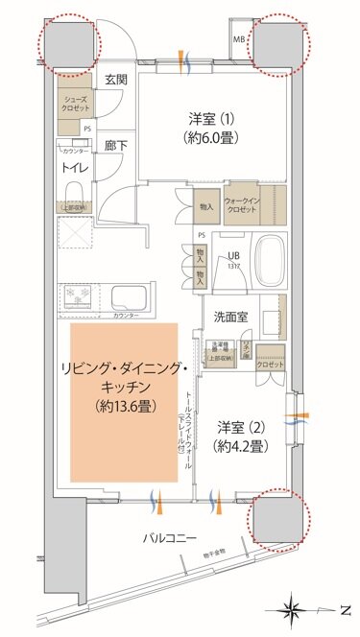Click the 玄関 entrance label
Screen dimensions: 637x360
(x=116, y=80)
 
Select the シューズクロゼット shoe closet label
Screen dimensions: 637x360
(x=76, y=105)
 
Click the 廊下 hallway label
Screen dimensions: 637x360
(x=116, y=144)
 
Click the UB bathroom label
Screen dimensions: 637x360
(x=233, y=255)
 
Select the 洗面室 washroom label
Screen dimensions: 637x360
(x=233, y=314)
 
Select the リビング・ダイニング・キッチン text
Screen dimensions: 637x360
(x=124, y=379)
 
